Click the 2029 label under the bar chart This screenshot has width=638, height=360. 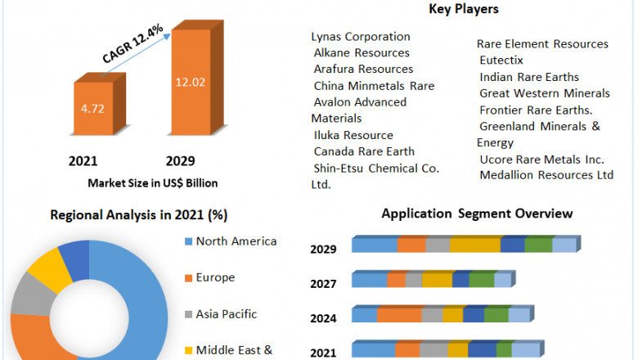[180, 160]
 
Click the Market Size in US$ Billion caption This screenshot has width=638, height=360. [152, 183]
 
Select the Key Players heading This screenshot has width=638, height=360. [464, 9]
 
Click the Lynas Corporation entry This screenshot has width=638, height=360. [361, 37]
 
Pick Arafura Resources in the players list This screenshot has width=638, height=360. [363, 70]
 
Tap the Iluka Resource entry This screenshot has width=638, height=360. [353, 135]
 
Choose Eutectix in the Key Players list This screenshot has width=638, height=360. [501, 60]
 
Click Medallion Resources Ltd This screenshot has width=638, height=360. [546, 174]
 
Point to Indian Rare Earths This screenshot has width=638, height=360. [529, 77]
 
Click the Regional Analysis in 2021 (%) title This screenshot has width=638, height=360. [139, 215]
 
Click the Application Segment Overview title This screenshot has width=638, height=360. [477, 214]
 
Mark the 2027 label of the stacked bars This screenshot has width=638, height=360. [323, 283]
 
